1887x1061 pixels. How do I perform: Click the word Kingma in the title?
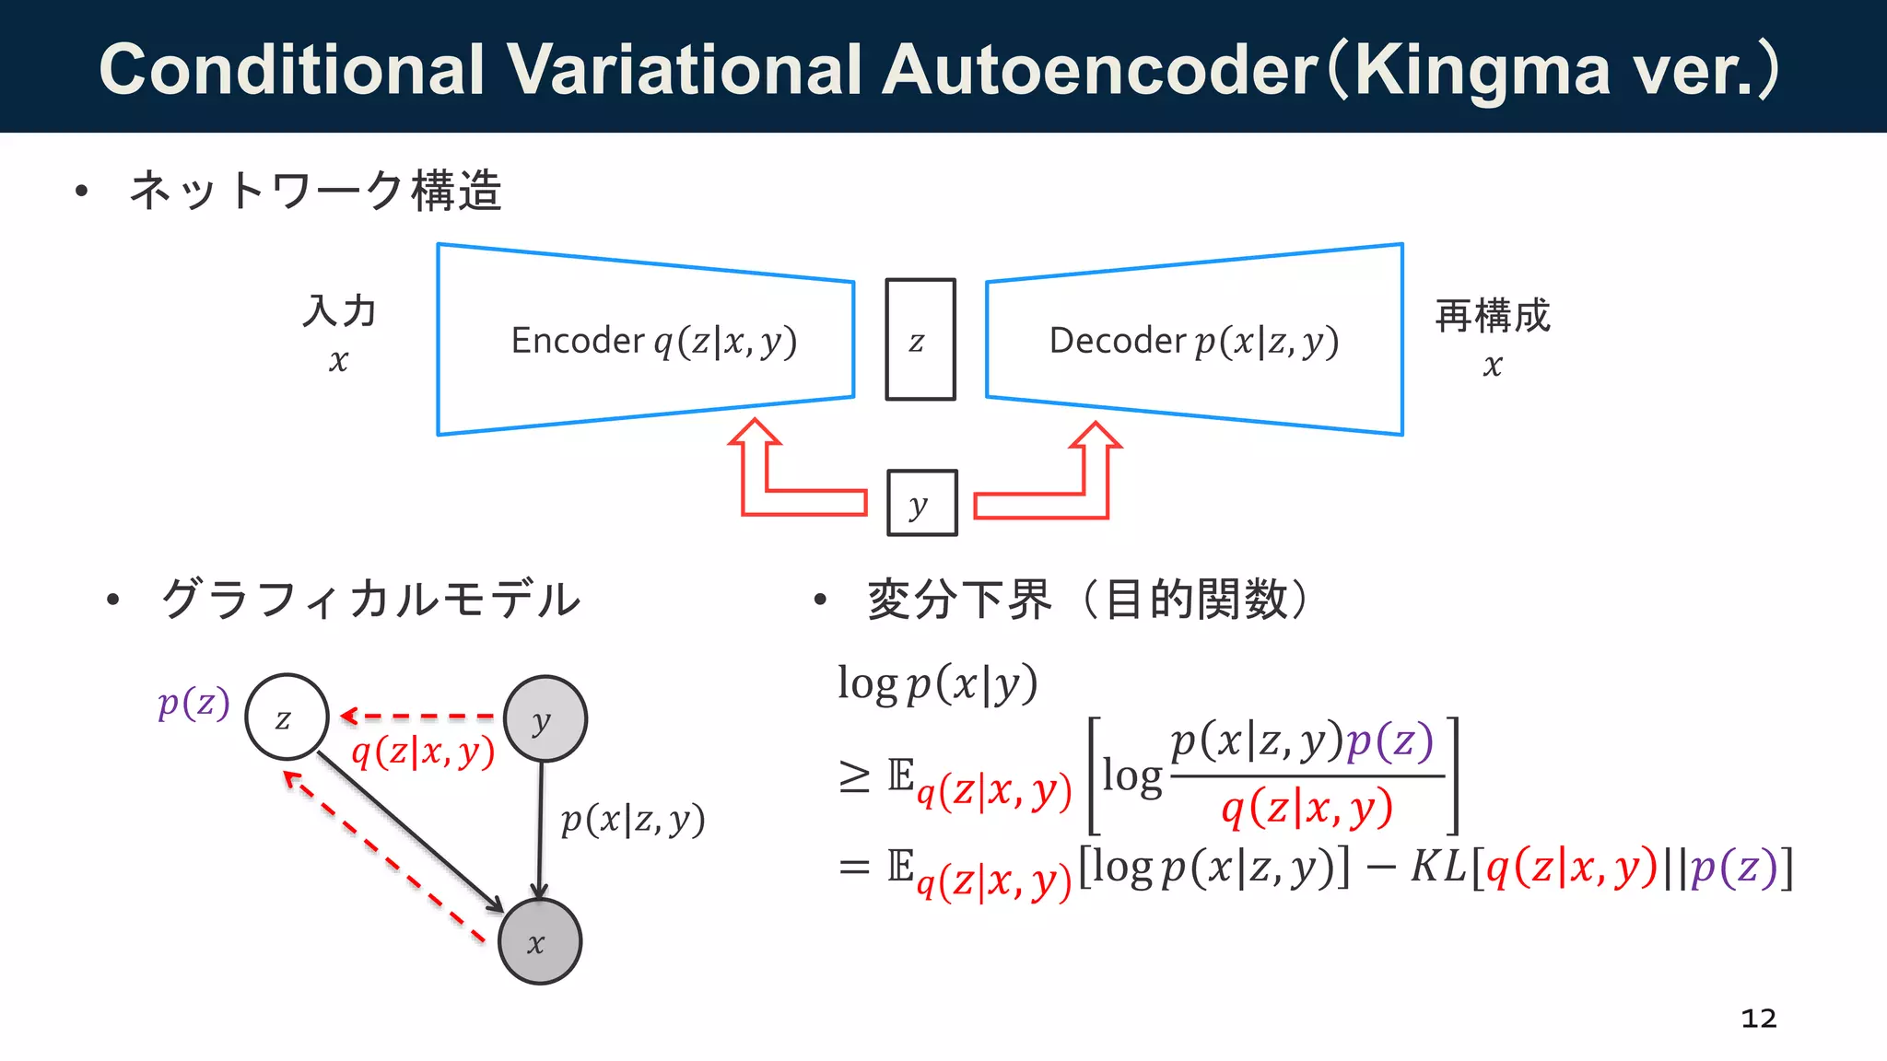pos(1483,70)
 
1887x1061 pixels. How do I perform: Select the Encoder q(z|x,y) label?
pos(653,341)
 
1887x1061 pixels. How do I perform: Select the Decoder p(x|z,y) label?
pos(1193,341)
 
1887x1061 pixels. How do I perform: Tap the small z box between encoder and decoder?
pos(920,340)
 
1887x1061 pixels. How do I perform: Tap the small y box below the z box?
pos(921,503)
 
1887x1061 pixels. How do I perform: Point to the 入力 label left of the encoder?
pos(339,311)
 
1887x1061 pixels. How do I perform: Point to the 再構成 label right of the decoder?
pos(1493,316)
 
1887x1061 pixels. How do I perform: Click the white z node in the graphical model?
pos(287,717)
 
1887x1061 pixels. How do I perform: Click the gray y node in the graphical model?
pos(545,719)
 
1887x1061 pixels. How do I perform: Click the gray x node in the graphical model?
pos(539,942)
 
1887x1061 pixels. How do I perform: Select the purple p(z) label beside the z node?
pos(193,704)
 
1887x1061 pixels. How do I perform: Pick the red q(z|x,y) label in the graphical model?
pos(423,752)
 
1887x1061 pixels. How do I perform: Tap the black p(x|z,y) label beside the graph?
pos(632,819)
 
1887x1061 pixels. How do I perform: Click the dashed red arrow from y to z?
pos(419,716)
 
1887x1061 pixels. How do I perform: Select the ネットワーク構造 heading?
pos(315,191)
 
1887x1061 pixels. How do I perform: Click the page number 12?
pos(1758,1018)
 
